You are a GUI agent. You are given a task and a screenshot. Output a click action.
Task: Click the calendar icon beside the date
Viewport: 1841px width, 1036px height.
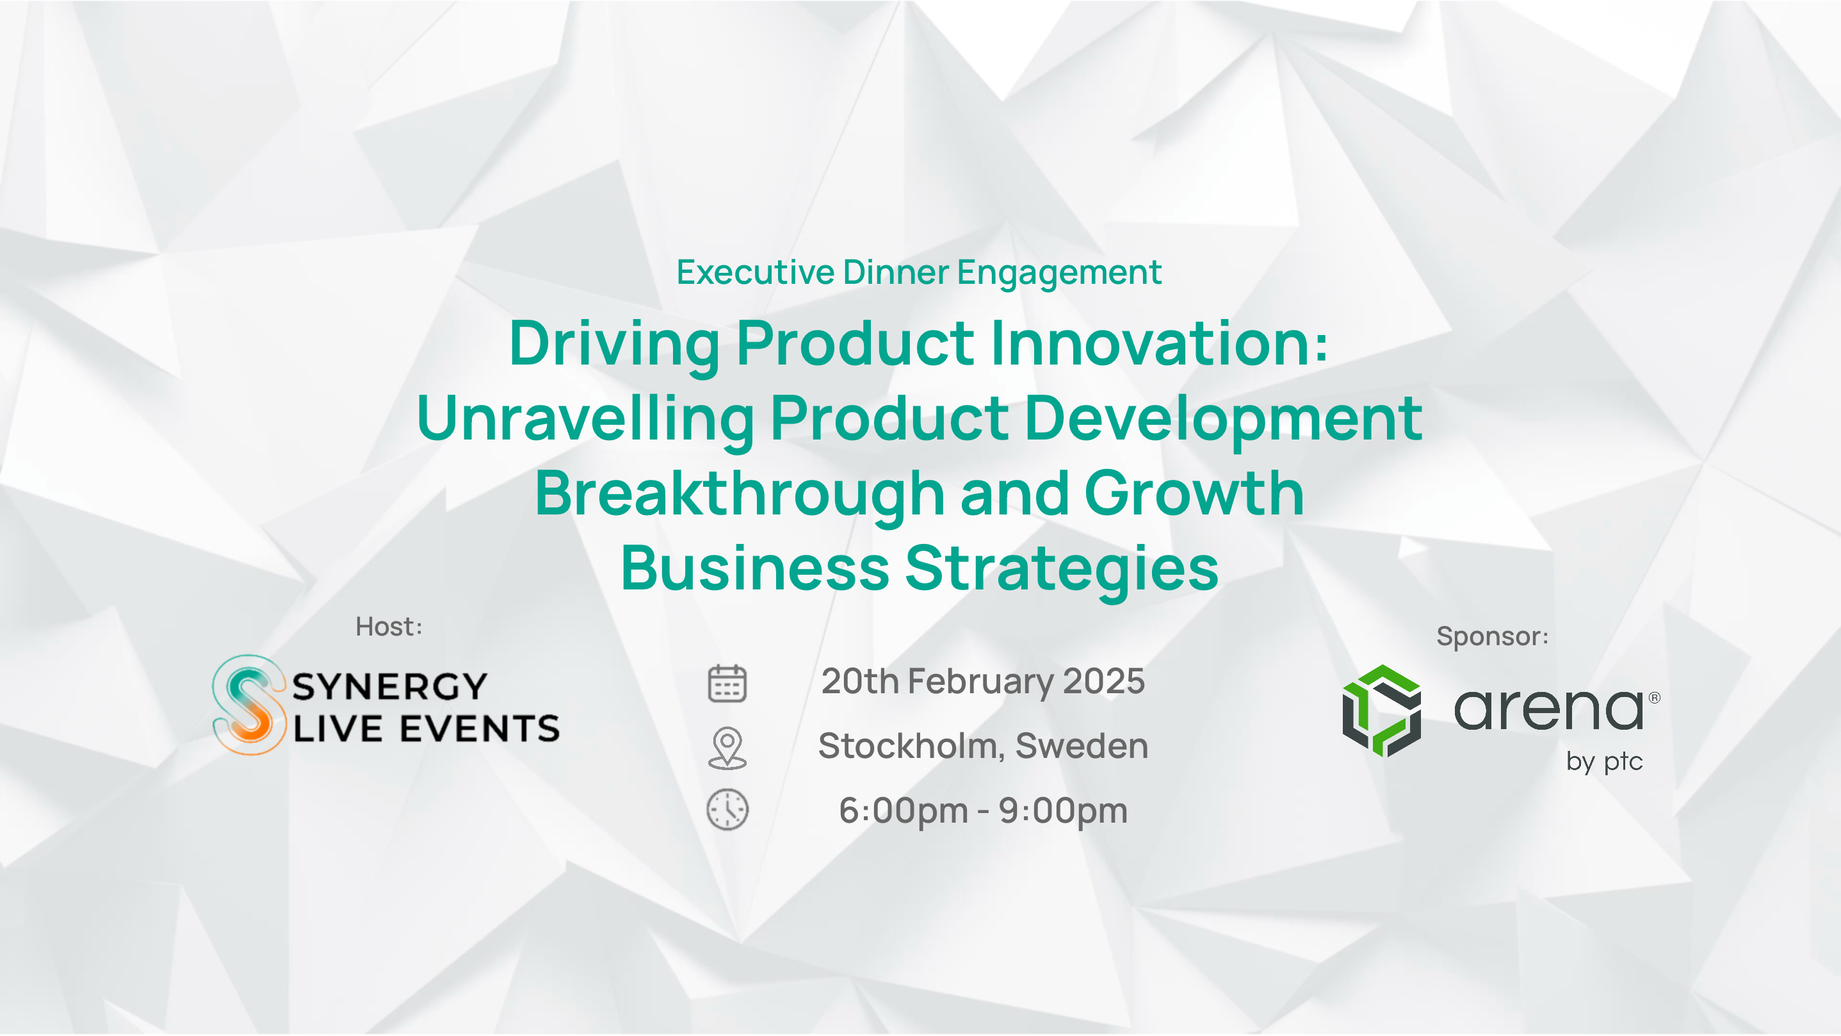[x=727, y=683]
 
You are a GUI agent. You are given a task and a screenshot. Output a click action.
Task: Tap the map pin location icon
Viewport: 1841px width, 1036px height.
[x=727, y=748]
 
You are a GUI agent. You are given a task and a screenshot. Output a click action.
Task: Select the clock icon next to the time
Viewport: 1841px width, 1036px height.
[x=727, y=810]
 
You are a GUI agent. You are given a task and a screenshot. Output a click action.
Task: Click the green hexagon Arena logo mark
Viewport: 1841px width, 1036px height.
[x=1381, y=711]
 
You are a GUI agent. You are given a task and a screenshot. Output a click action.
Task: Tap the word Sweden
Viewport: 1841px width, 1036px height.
[x=1082, y=746]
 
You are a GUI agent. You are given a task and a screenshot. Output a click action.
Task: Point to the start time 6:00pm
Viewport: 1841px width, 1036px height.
[x=904, y=810]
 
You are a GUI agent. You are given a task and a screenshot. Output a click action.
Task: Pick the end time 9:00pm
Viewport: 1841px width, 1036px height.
[x=1063, y=810]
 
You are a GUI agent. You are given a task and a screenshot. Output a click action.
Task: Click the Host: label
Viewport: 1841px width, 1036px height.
[x=389, y=627]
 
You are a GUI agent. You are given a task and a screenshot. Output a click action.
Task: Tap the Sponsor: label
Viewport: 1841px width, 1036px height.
[x=1492, y=636]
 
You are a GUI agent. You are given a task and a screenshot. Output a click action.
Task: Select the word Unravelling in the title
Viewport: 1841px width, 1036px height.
[x=585, y=419]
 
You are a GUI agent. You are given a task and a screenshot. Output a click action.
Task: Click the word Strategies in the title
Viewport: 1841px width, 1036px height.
[x=1061, y=568]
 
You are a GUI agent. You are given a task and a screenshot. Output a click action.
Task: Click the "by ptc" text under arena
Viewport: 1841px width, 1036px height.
[x=1605, y=762]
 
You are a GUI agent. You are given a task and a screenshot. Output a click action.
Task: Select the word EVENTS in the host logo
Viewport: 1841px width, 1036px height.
[x=480, y=729]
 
